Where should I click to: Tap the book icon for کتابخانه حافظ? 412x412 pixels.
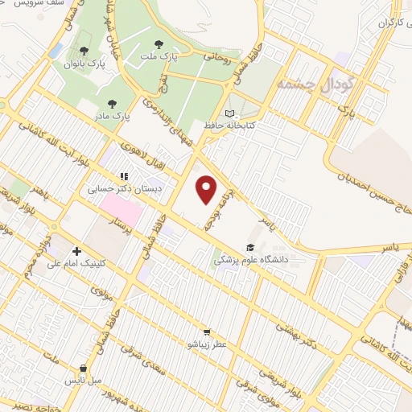tap(230, 114)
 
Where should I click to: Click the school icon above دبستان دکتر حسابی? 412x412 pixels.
tap(123, 175)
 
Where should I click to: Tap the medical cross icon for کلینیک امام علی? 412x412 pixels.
tap(77, 250)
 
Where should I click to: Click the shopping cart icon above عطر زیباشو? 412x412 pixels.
tap(207, 332)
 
